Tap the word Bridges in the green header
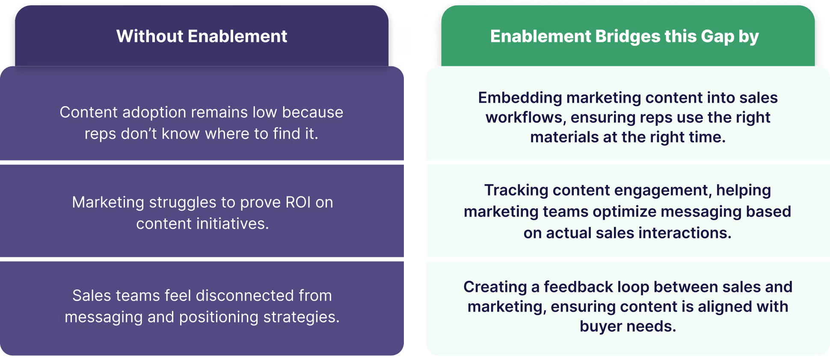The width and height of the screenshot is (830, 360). (x=627, y=36)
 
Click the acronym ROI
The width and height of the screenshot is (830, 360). (x=298, y=202)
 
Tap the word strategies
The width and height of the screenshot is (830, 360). (x=301, y=317)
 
